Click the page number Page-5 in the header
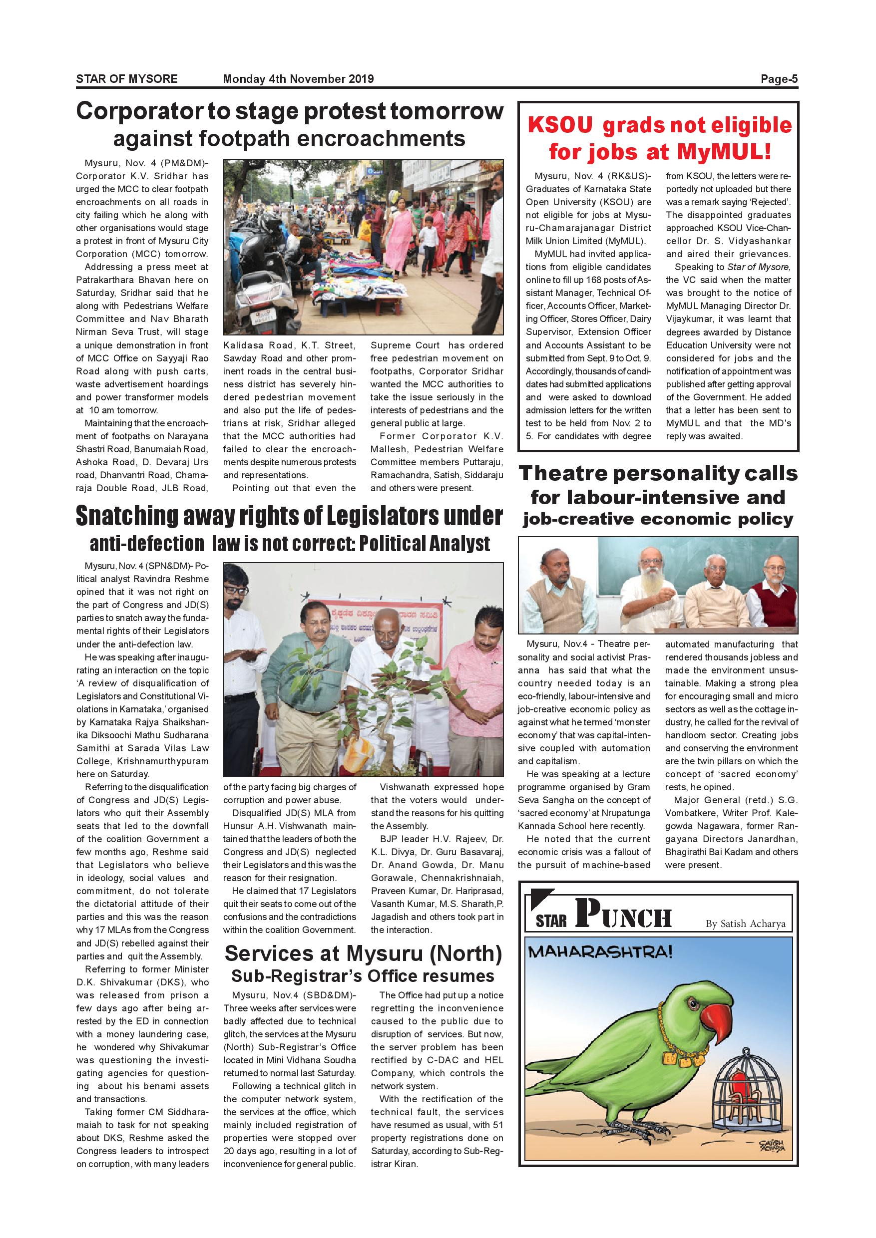779,79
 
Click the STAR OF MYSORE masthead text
127,79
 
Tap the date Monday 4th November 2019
298,79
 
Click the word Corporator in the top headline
137,112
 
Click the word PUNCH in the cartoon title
623,914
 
